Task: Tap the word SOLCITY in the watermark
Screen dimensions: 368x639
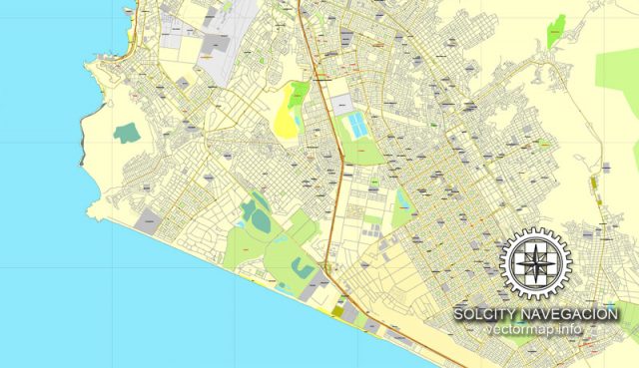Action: click(485, 313)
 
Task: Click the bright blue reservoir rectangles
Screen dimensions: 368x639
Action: click(355, 126)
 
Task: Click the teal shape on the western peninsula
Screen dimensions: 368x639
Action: click(127, 133)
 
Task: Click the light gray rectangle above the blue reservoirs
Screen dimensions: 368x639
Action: click(342, 103)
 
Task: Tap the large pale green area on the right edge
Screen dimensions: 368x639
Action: click(619, 70)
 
